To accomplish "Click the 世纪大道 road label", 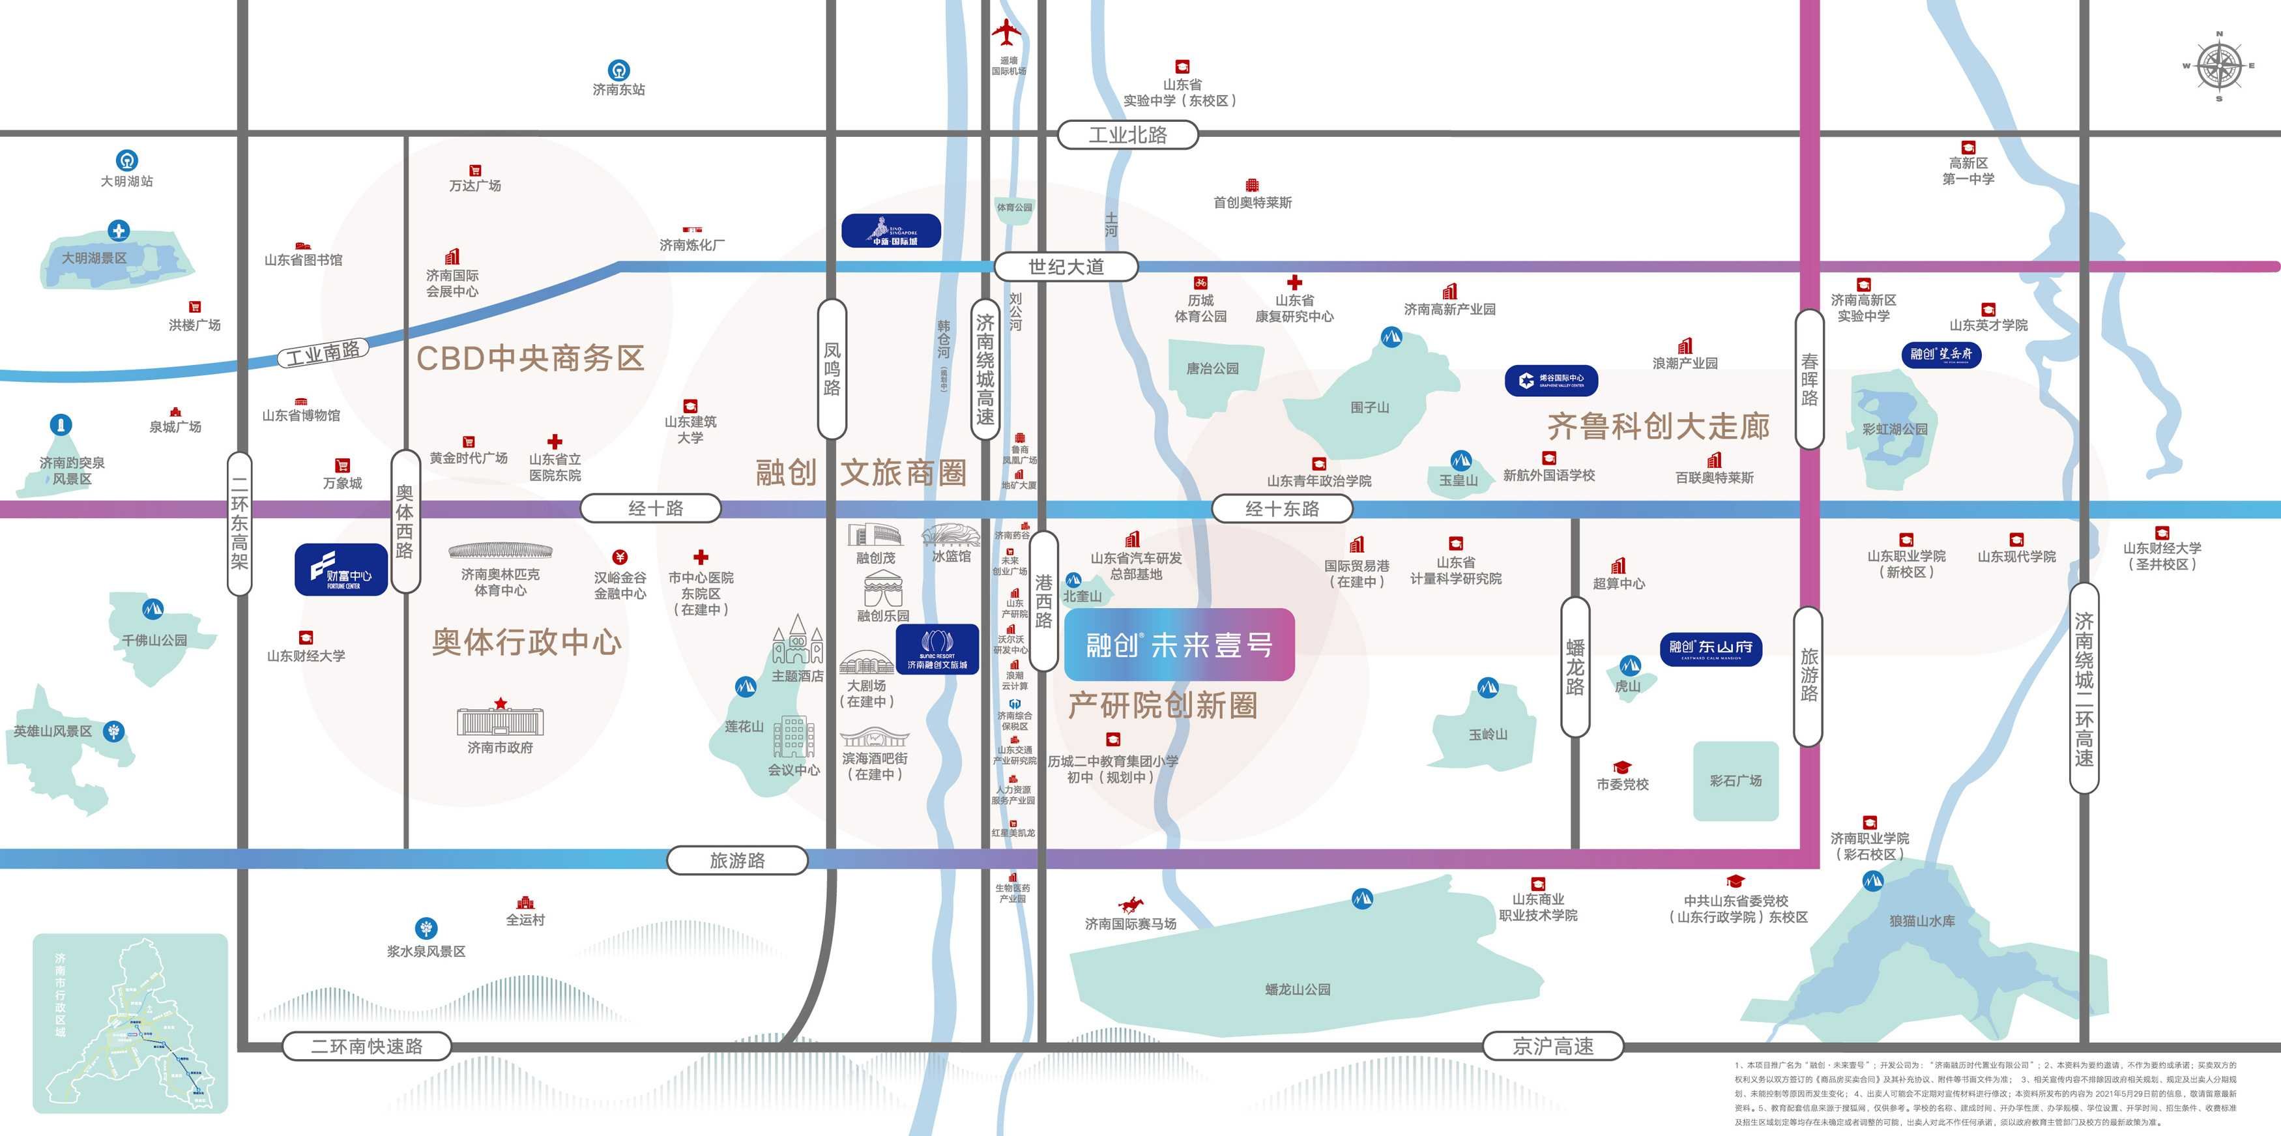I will click(x=1066, y=267).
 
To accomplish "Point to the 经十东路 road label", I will click(x=1281, y=508).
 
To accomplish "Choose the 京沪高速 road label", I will click(x=1552, y=1045).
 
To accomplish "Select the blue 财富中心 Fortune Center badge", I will click(x=341, y=570).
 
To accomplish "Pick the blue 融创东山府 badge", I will click(x=1710, y=648).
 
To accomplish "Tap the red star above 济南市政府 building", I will click(x=501, y=703).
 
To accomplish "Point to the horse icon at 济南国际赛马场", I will click(x=1130, y=905).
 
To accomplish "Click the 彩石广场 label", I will click(x=1735, y=781).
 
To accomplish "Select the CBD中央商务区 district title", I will click(x=529, y=358).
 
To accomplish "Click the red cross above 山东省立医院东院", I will click(x=555, y=441).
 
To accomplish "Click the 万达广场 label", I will click(x=474, y=186).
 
